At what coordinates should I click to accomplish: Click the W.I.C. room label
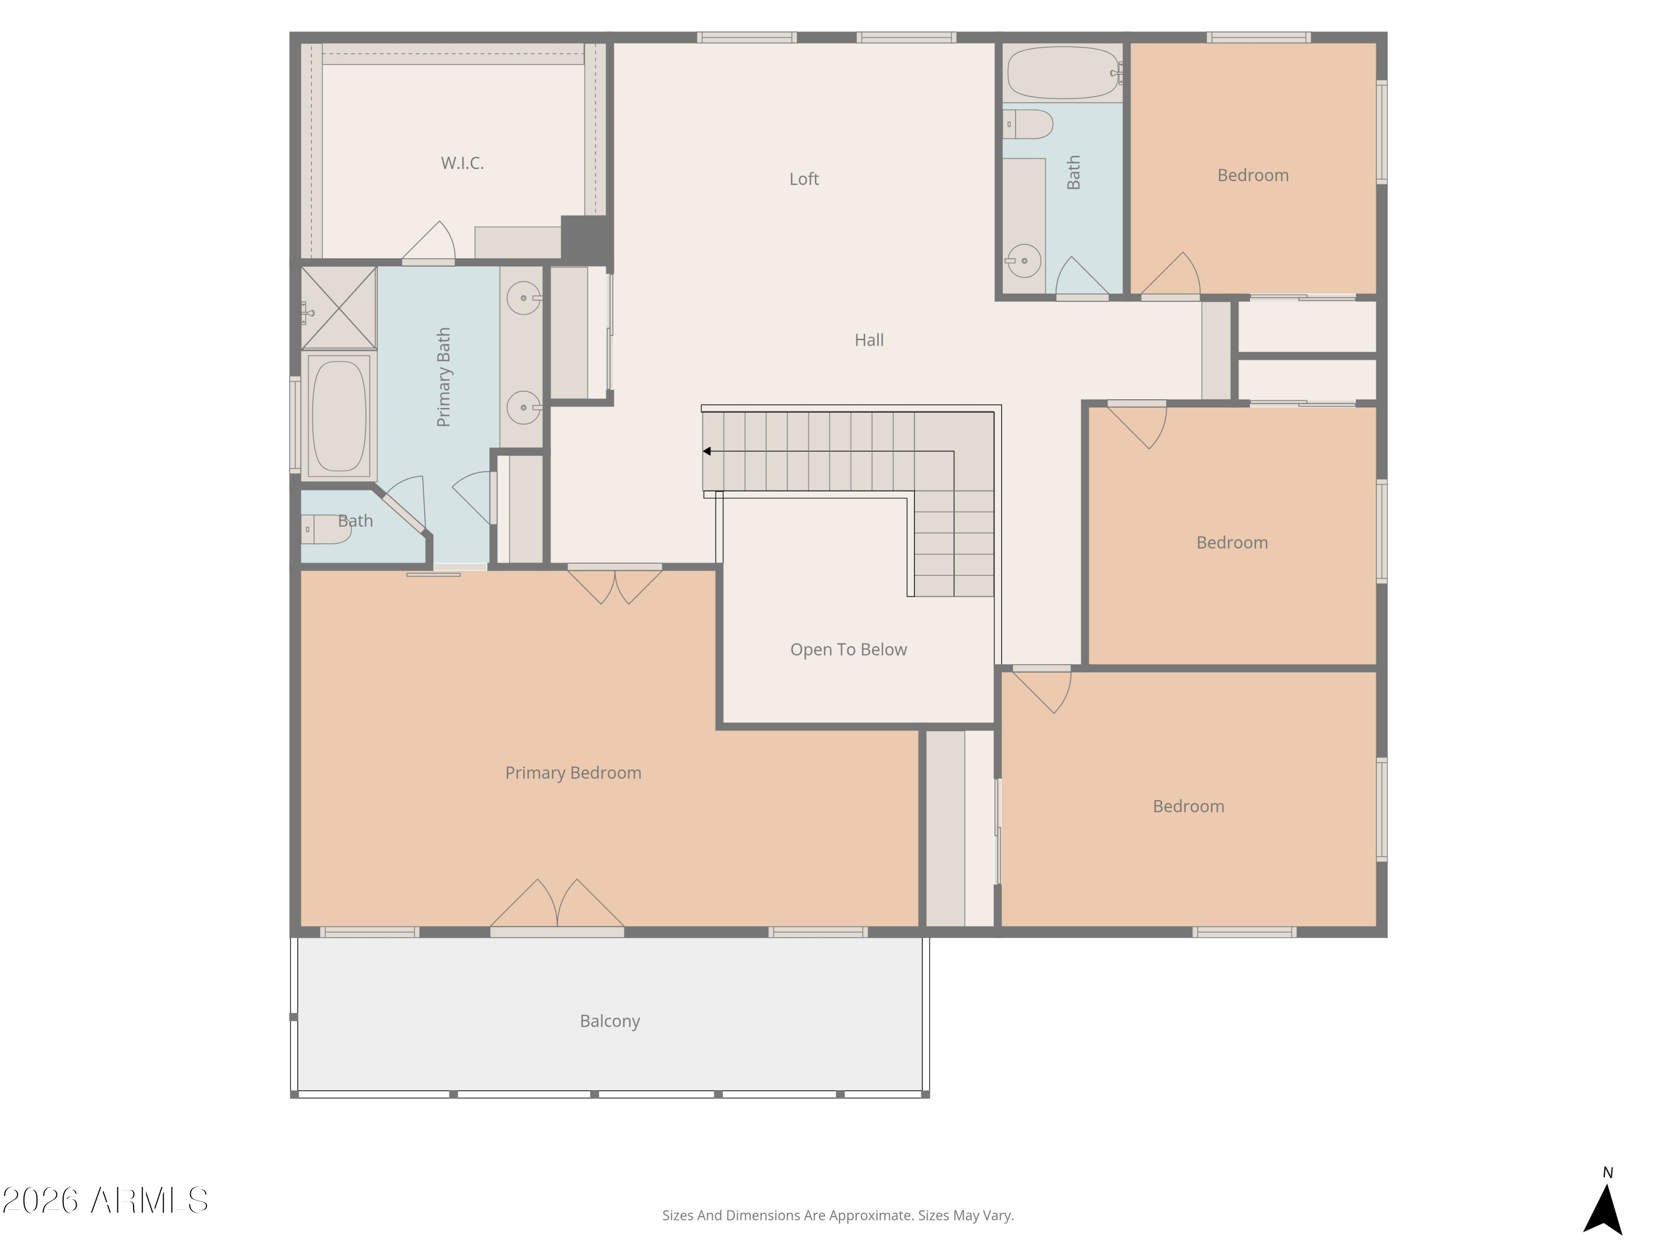click(x=462, y=163)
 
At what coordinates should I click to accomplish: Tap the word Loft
click(x=804, y=179)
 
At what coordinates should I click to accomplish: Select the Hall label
click(x=869, y=340)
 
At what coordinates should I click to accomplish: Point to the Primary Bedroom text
click(x=573, y=773)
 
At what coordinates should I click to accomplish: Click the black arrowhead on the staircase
click(x=707, y=451)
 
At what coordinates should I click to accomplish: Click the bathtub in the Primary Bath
click(x=339, y=415)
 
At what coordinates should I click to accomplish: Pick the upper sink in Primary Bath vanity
click(x=523, y=298)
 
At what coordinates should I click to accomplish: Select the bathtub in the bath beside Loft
click(x=1064, y=73)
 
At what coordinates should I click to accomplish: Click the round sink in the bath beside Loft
click(x=1024, y=261)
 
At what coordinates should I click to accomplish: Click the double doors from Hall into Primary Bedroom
click(x=615, y=585)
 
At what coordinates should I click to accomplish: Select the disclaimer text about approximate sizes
click(x=838, y=1216)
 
